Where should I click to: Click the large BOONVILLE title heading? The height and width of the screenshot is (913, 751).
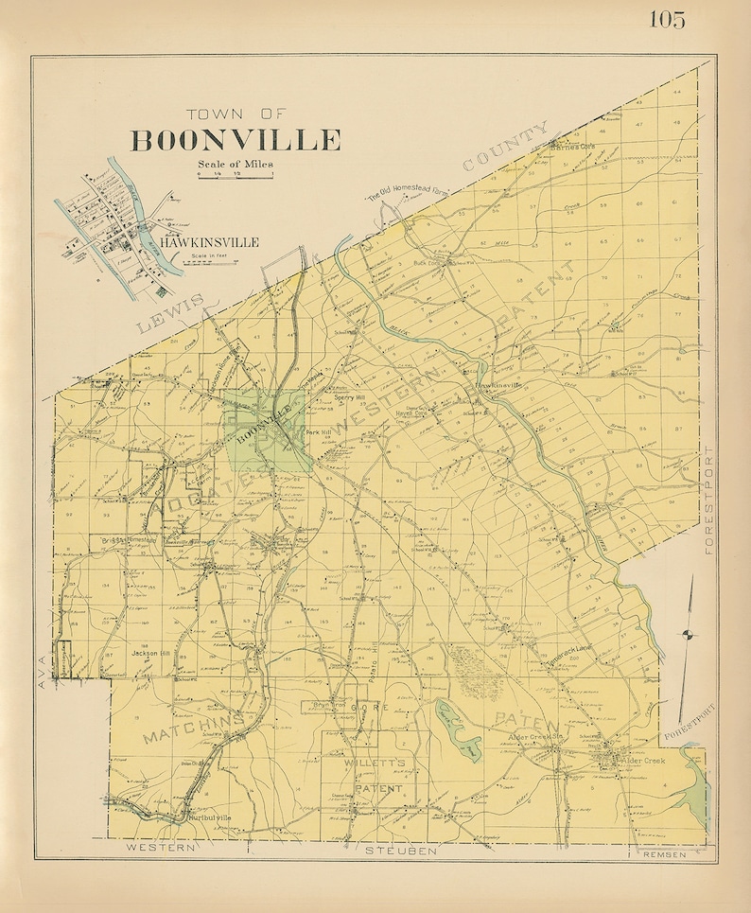[236, 140]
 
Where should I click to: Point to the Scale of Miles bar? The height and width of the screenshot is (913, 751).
[236, 176]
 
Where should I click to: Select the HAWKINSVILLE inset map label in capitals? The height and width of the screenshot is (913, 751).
[209, 242]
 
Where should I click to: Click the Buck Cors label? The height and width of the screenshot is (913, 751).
[431, 264]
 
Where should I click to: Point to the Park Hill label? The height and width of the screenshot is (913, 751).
[318, 432]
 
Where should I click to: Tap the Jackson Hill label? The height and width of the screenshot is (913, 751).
[150, 653]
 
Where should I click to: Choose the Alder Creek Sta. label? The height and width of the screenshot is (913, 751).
[531, 737]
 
